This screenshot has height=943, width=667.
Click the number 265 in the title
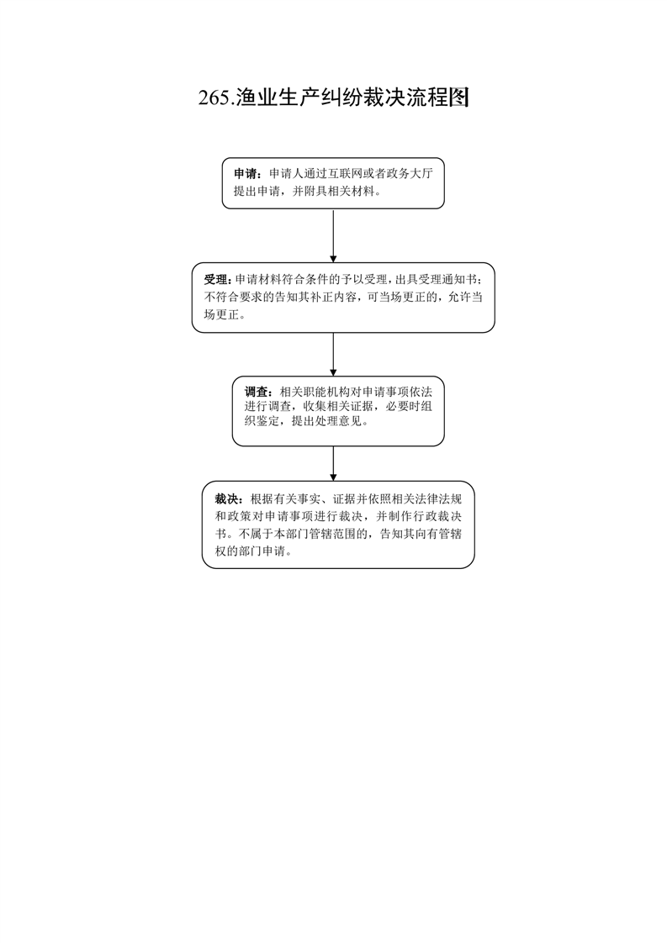coord(214,98)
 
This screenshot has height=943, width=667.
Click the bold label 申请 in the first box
coord(246,175)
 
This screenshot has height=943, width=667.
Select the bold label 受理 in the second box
coord(215,280)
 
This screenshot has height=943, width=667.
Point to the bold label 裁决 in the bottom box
coord(226,499)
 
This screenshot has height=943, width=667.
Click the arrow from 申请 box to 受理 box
coord(333,235)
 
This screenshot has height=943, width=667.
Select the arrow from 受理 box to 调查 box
coord(333,354)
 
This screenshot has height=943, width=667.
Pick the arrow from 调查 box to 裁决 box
coord(333,464)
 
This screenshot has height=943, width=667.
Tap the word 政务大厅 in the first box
coord(410,175)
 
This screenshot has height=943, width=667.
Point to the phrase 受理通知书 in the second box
coord(447,280)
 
